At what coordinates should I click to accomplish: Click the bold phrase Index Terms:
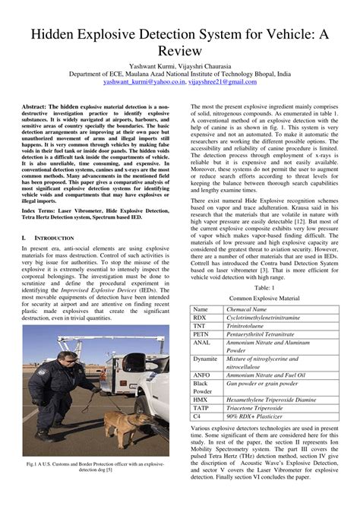click(39, 210)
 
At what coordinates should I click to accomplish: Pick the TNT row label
click(201, 330)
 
